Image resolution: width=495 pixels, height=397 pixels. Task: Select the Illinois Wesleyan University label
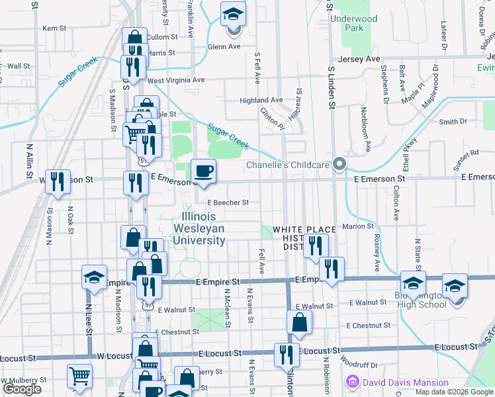pos(199,228)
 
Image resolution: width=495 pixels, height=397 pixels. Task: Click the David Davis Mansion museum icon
pos(352,382)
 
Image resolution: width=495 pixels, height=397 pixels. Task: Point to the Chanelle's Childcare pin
pos(339,164)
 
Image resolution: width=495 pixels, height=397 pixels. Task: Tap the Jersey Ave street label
pos(359,59)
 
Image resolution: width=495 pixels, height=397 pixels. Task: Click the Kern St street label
pos(54,28)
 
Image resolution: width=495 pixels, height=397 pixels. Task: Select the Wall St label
pos(19,66)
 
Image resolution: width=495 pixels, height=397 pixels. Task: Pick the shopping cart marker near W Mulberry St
pos(79,376)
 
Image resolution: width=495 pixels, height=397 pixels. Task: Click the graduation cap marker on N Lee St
pos(94,277)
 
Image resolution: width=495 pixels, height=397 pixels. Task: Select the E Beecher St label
pos(228,202)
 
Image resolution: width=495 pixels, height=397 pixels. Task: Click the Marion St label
pos(359,226)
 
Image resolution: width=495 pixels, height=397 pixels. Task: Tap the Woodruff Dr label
pos(358,364)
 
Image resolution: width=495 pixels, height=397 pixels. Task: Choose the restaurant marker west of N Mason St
pos(58,181)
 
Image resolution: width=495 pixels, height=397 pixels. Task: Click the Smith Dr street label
pos(453,122)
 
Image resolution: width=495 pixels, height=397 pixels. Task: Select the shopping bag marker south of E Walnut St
pos(299,322)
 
